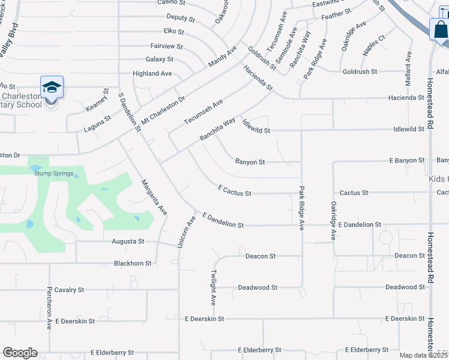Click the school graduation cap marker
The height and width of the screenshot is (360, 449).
pos(52,88)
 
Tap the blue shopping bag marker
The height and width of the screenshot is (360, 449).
pos(440,30)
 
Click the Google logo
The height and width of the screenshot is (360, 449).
pos(20,353)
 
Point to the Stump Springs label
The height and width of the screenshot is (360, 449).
pos(53,174)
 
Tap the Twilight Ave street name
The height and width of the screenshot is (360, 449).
pos(213,287)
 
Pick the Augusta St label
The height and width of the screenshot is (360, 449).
pos(128,241)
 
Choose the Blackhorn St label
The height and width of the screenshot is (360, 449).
pos(133,263)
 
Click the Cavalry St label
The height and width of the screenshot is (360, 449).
pos(69,290)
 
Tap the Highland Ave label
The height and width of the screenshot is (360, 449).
pos(152,74)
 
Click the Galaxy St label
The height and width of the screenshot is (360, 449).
pos(159,59)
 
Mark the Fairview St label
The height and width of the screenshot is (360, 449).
pos(166,46)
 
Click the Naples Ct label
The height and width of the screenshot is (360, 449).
pos(373,46)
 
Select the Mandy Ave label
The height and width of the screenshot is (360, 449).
pos(222,56)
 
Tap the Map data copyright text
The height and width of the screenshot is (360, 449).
pos(423,355)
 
